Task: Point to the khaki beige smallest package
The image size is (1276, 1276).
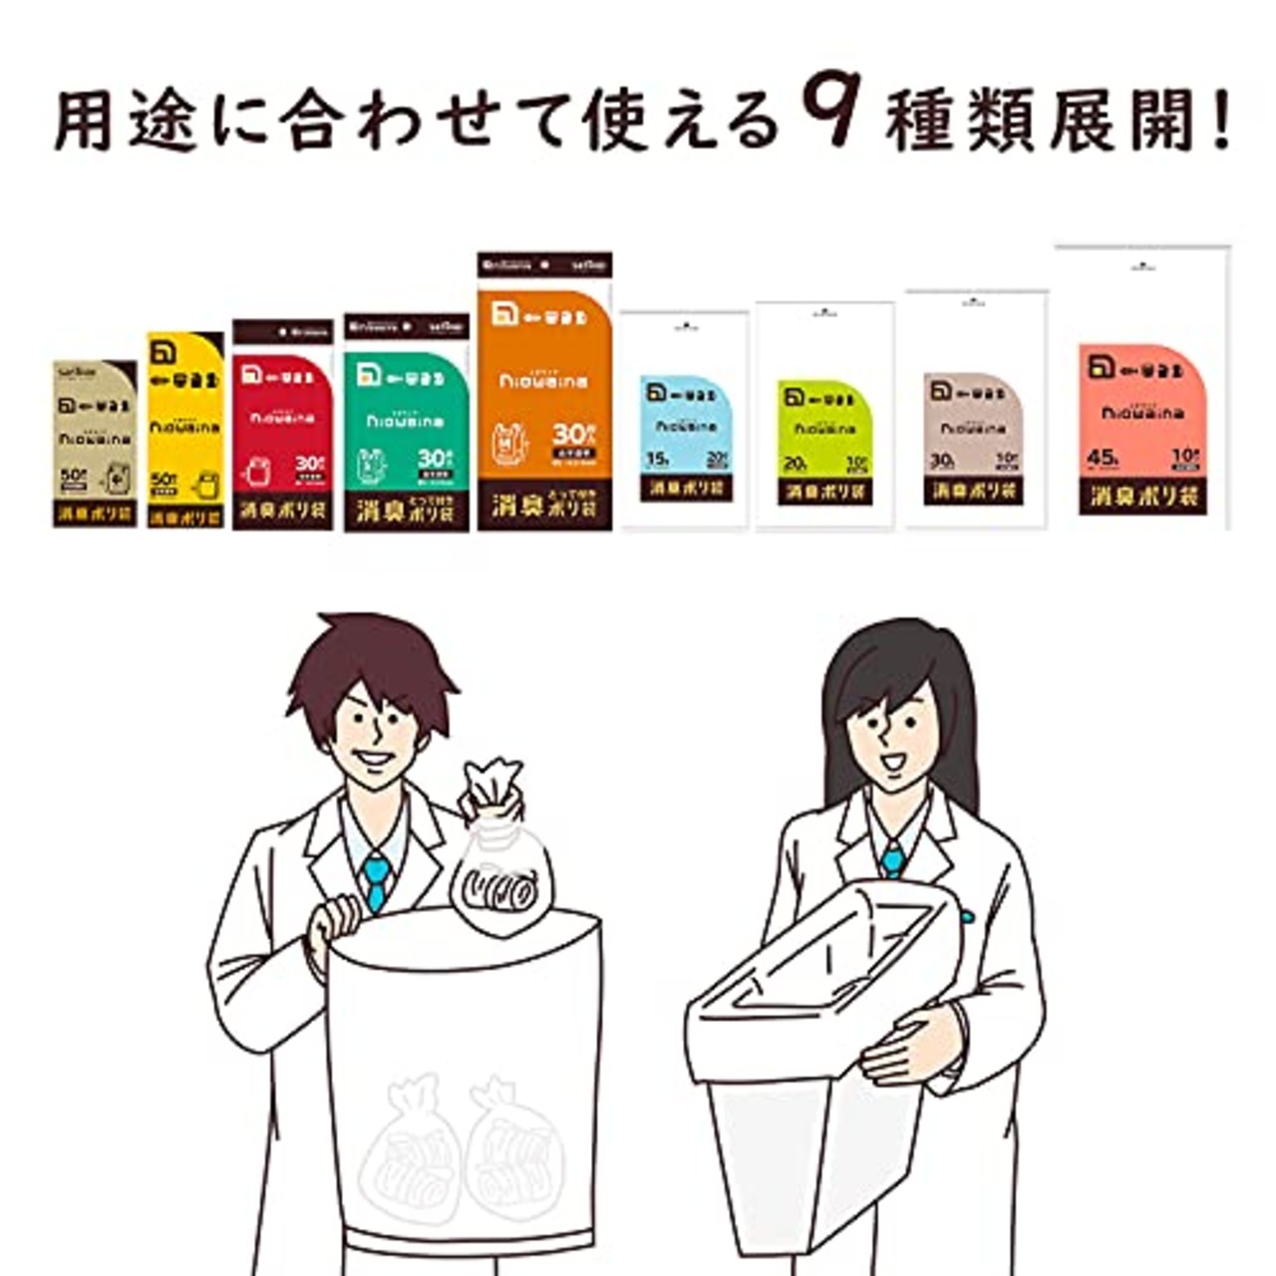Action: [x=95, y=445]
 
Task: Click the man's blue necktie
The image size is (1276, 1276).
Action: [x=375, y=877]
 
